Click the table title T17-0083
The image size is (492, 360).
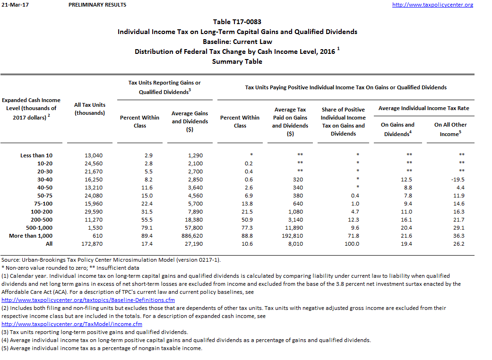(237, 22)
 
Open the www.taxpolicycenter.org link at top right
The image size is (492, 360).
(432, 5)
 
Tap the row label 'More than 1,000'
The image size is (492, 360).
(31, 235)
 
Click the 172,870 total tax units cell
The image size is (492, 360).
(90, 244)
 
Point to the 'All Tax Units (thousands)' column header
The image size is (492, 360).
(90, 109)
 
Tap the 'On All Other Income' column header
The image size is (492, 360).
(450, 129)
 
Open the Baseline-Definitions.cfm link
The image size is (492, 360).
(88, 300)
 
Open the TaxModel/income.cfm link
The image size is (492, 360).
(72, 324)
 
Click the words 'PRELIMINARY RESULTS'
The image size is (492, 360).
(97, 5)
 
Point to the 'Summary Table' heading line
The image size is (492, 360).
(237, 61)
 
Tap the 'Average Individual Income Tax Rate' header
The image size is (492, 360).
(423, 108)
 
